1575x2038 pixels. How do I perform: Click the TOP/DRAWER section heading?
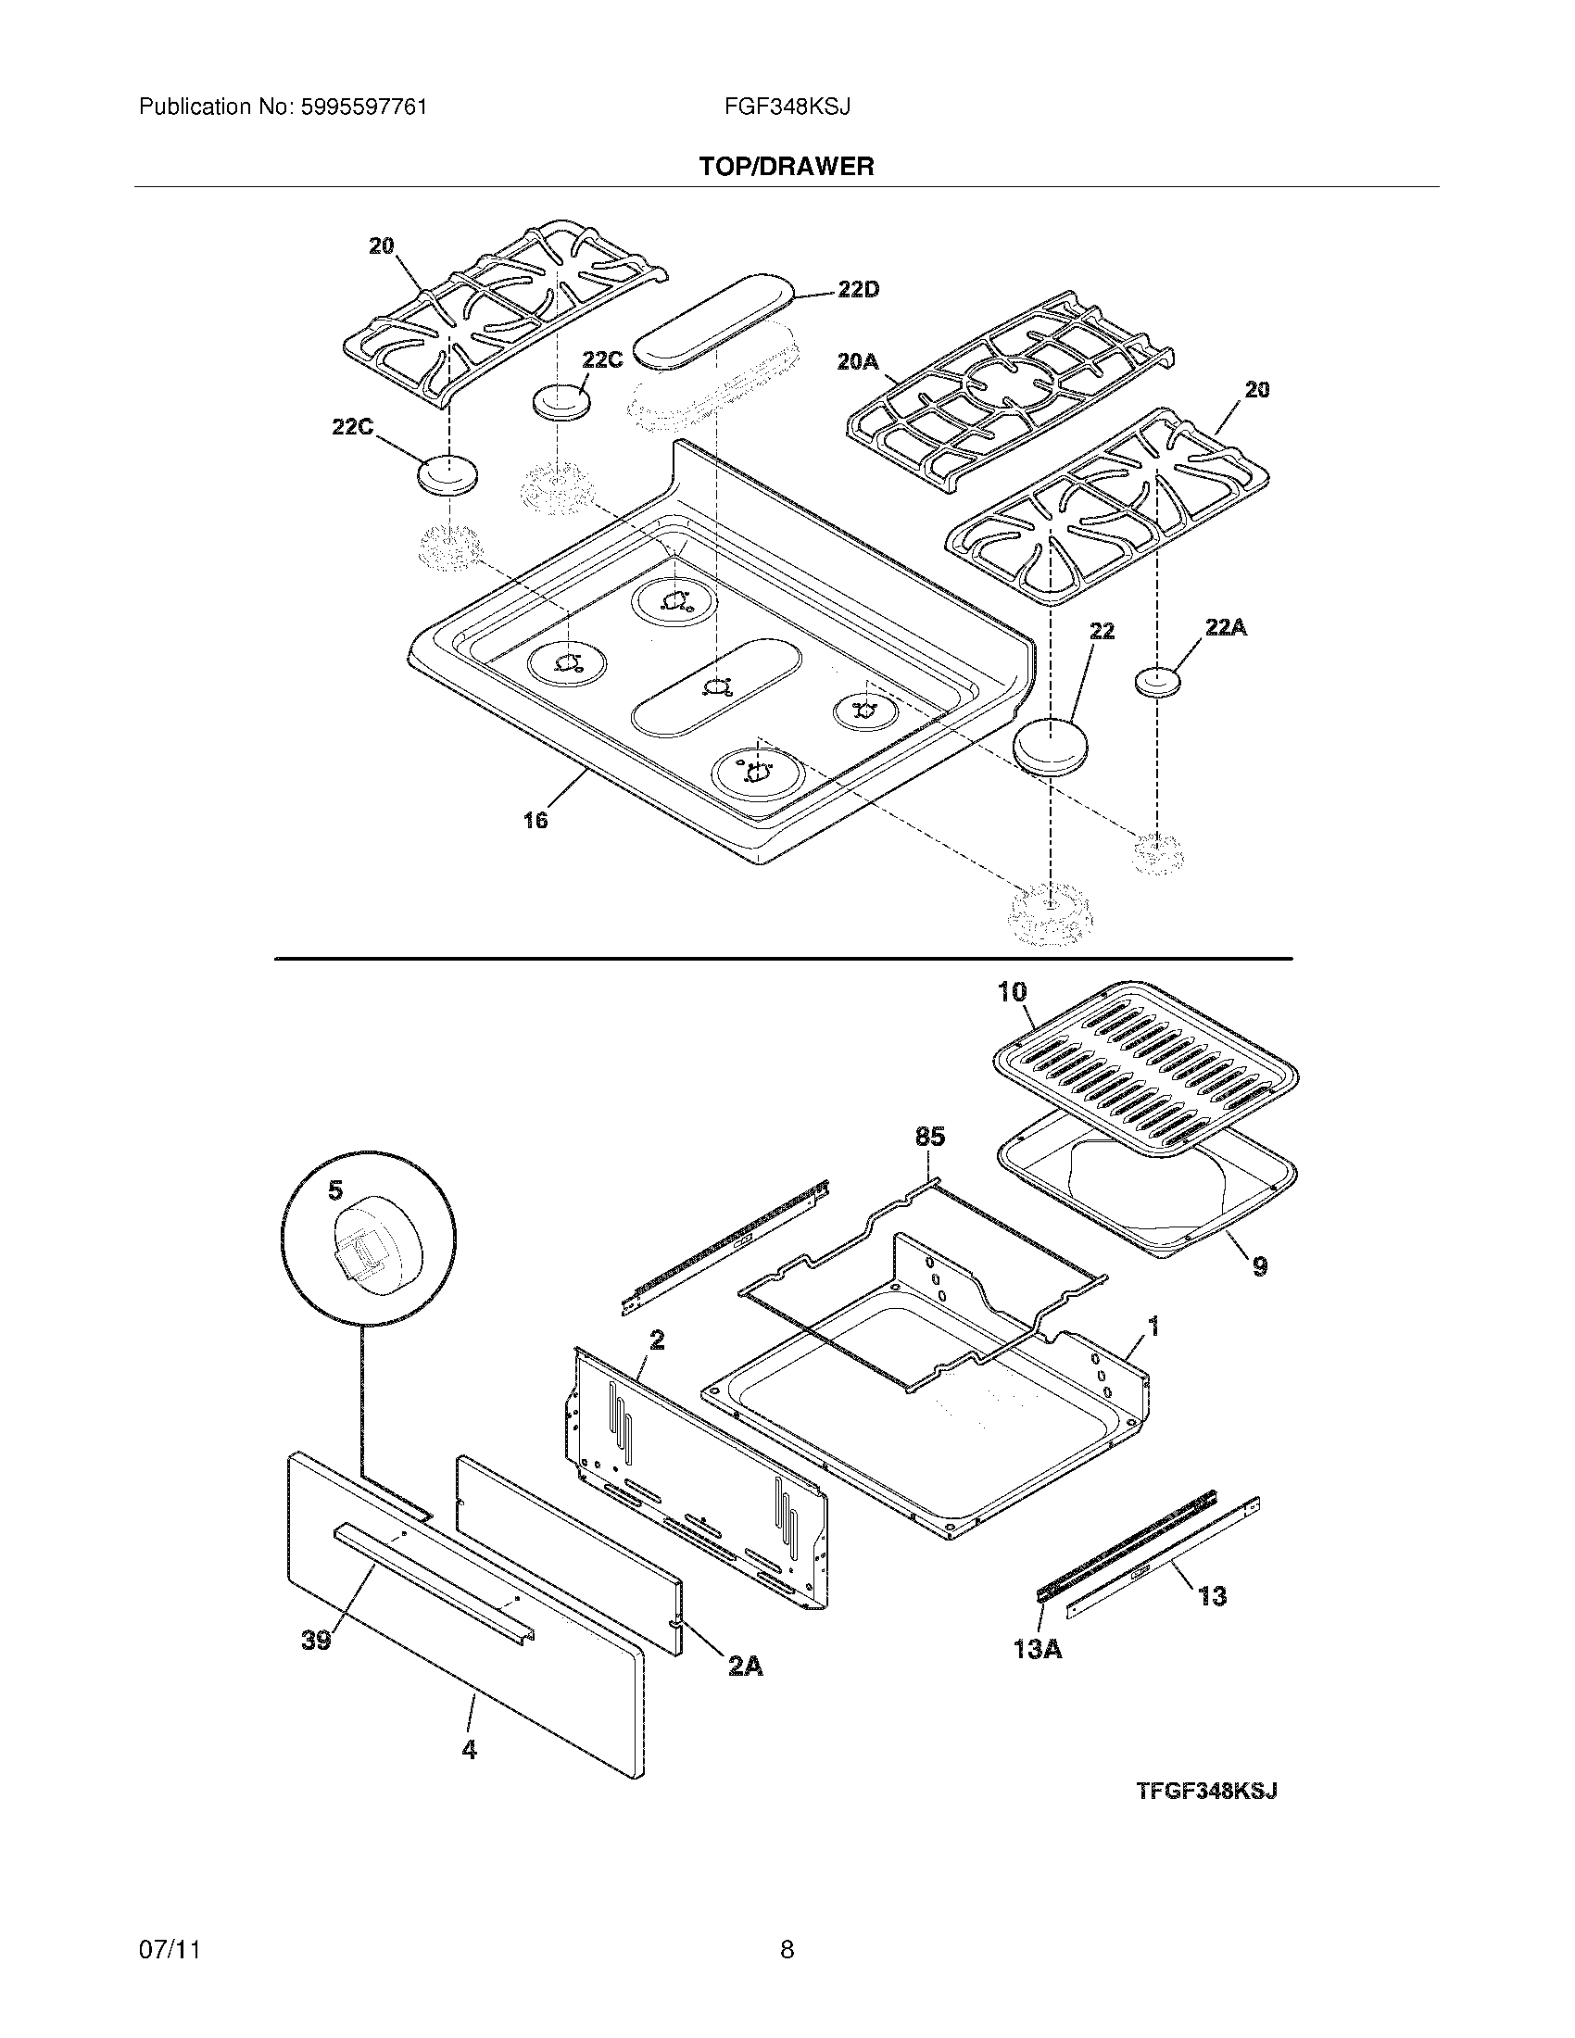[x=787, y=167]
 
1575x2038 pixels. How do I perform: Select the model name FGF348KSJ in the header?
[x=787, y=107]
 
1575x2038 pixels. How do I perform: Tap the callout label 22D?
[x=858, y=290]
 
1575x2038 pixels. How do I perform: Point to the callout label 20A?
[x=858, y=360]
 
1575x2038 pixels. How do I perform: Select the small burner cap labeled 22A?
[x=1158, y=682]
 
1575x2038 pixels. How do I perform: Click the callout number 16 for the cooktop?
[x=535, y=820]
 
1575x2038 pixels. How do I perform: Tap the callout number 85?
[x=929, y=1136]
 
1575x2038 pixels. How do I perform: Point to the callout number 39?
[x=316, y=1640]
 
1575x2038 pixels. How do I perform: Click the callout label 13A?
[x=1038, y=1649]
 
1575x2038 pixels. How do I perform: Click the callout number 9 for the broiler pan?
[x=1259, y=1266]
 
